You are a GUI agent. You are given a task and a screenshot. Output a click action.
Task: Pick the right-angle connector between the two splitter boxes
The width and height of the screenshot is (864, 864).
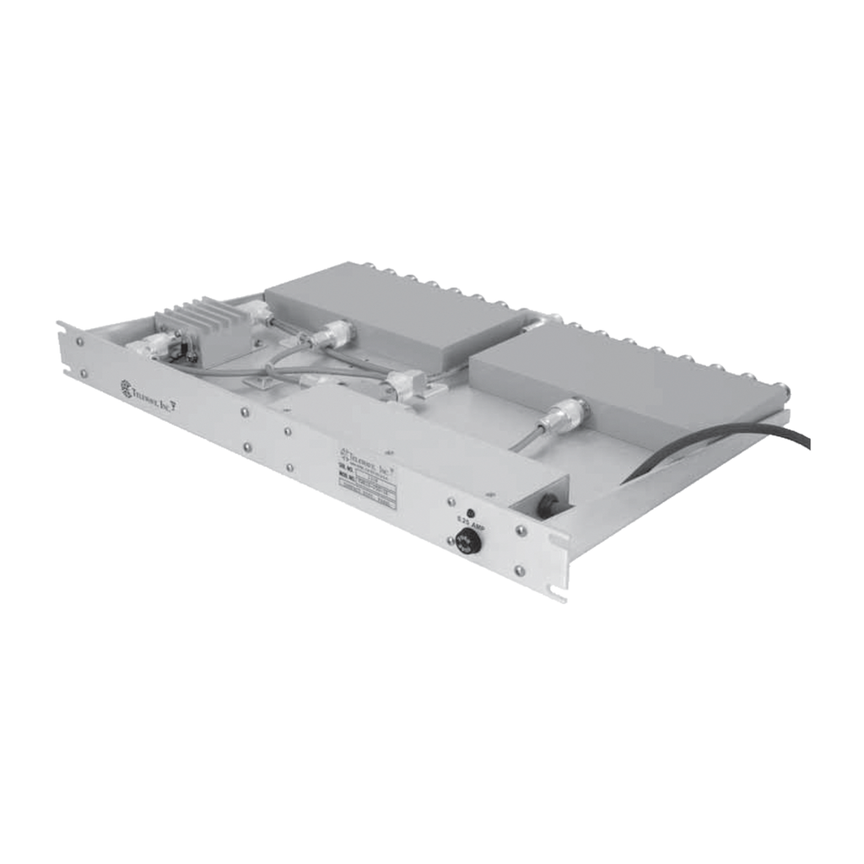[x=405, y=386]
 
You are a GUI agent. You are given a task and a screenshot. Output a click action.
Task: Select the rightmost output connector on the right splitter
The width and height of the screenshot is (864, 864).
[x=782, y=391]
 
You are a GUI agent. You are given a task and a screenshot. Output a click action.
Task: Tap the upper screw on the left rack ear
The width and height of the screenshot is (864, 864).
[x=80, y=343]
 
